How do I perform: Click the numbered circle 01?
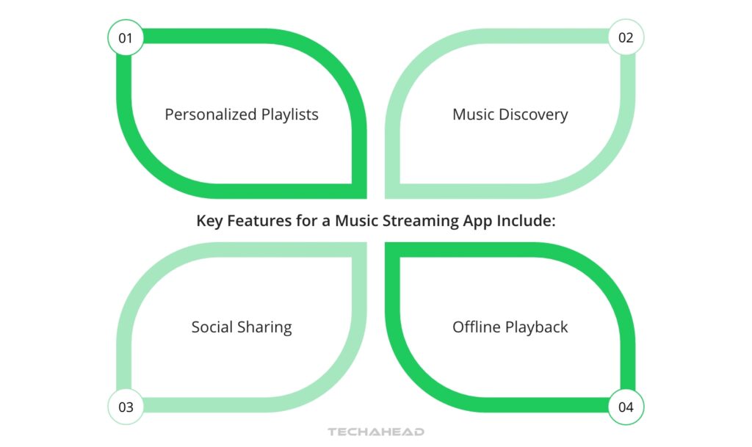point(126,37)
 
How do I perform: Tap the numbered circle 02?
point(626,37)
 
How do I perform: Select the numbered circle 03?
point(126,407)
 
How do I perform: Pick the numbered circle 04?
point(626,407)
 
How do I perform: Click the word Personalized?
point(211,115)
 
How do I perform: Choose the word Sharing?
point(266,328)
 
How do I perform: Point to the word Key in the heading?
point(210,220)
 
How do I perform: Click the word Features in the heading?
point(257,220)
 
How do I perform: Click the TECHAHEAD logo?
point(375,432)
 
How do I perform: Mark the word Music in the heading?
point(356,220)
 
